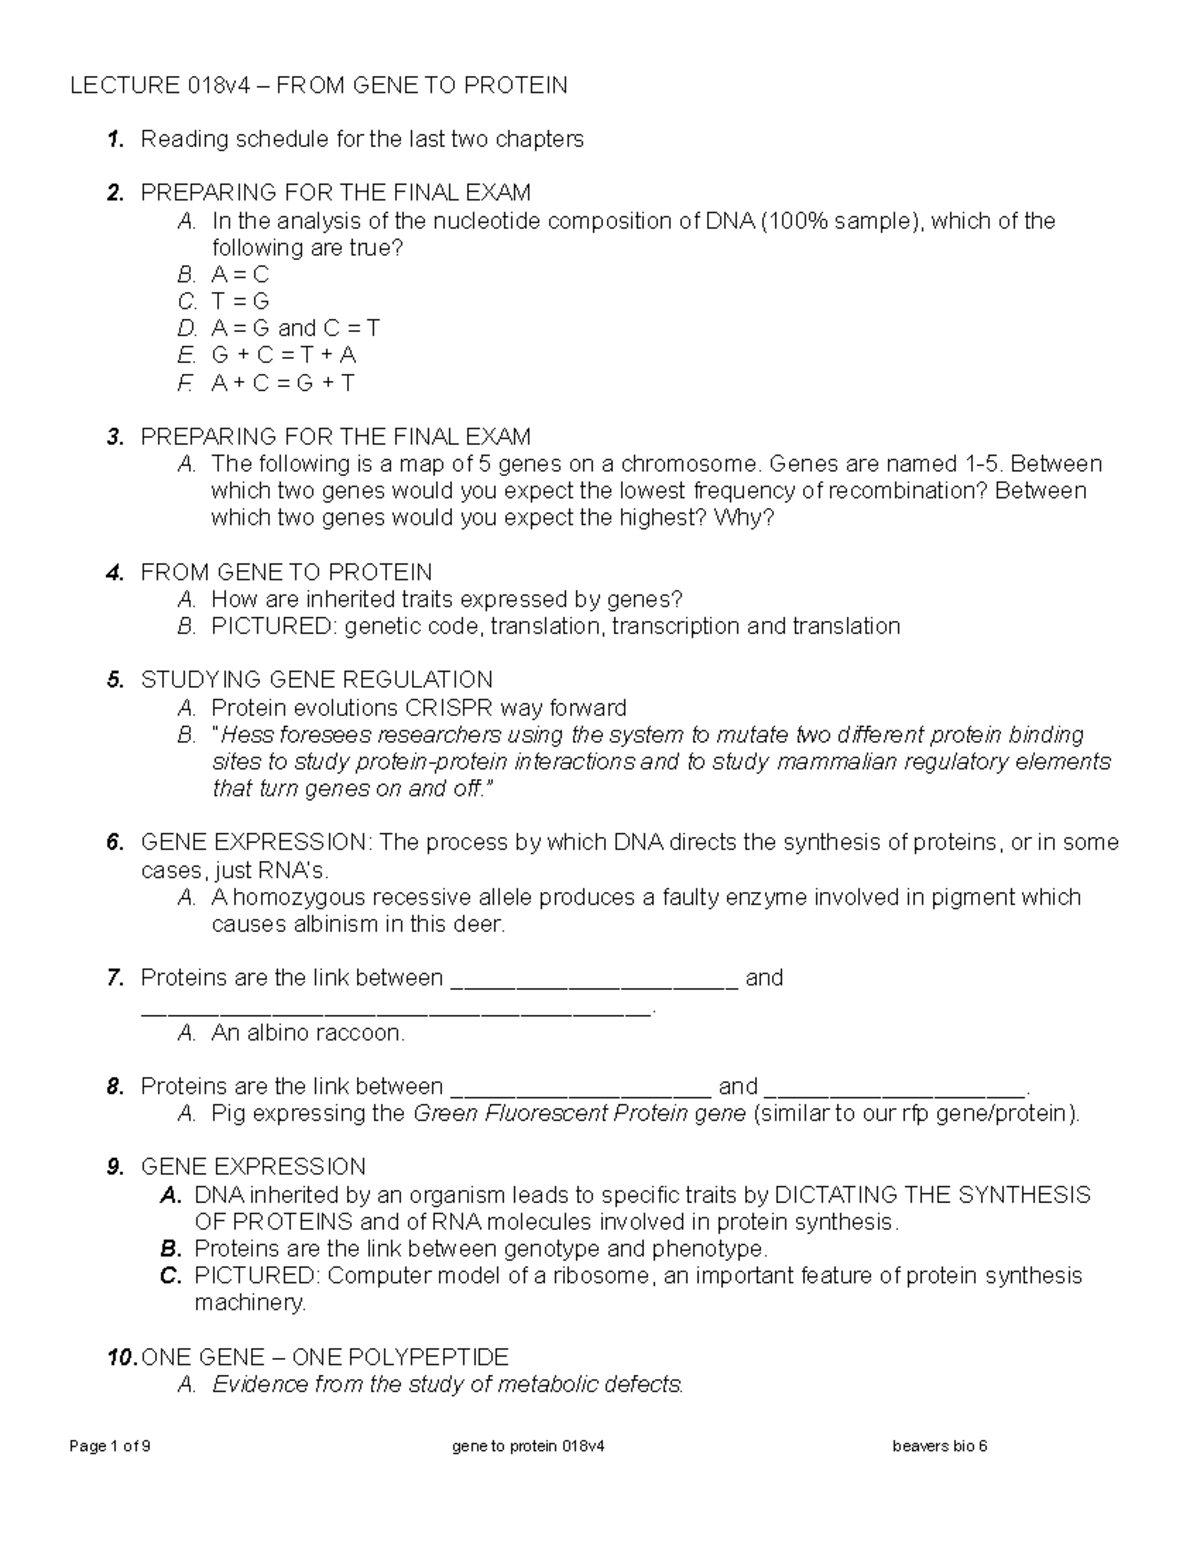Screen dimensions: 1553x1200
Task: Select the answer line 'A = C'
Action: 240,275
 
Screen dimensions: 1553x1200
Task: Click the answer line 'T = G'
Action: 240,302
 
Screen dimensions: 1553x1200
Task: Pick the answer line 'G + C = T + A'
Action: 284,356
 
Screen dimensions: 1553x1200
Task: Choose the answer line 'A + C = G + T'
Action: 283,383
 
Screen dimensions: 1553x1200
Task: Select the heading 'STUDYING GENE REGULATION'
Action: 317,681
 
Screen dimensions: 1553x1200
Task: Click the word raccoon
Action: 360,1033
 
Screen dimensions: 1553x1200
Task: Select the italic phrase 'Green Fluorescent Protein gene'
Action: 579,1114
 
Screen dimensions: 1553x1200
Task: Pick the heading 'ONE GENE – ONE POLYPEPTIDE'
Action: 325,1358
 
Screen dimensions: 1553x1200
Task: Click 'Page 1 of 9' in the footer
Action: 110,1446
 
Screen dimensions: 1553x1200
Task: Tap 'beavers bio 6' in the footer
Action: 939,1446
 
